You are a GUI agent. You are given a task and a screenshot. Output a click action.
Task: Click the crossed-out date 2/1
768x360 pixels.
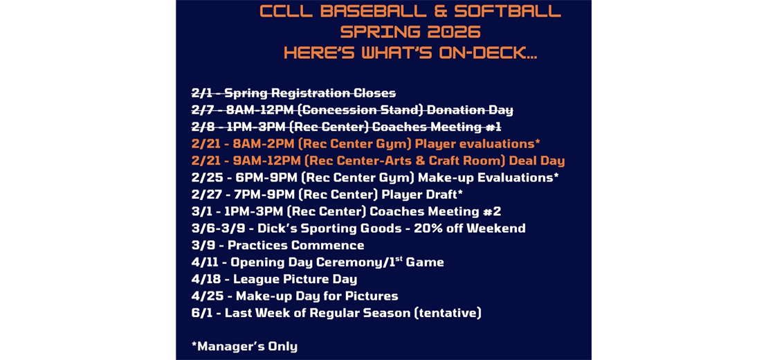tap(203, 93)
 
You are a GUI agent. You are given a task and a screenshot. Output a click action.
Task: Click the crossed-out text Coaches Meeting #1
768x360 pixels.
tap(436, 127)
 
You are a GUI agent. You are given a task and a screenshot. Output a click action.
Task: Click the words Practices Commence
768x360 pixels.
tap(295, 245)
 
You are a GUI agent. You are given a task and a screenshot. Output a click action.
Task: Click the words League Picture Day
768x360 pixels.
tap(295, 279)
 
